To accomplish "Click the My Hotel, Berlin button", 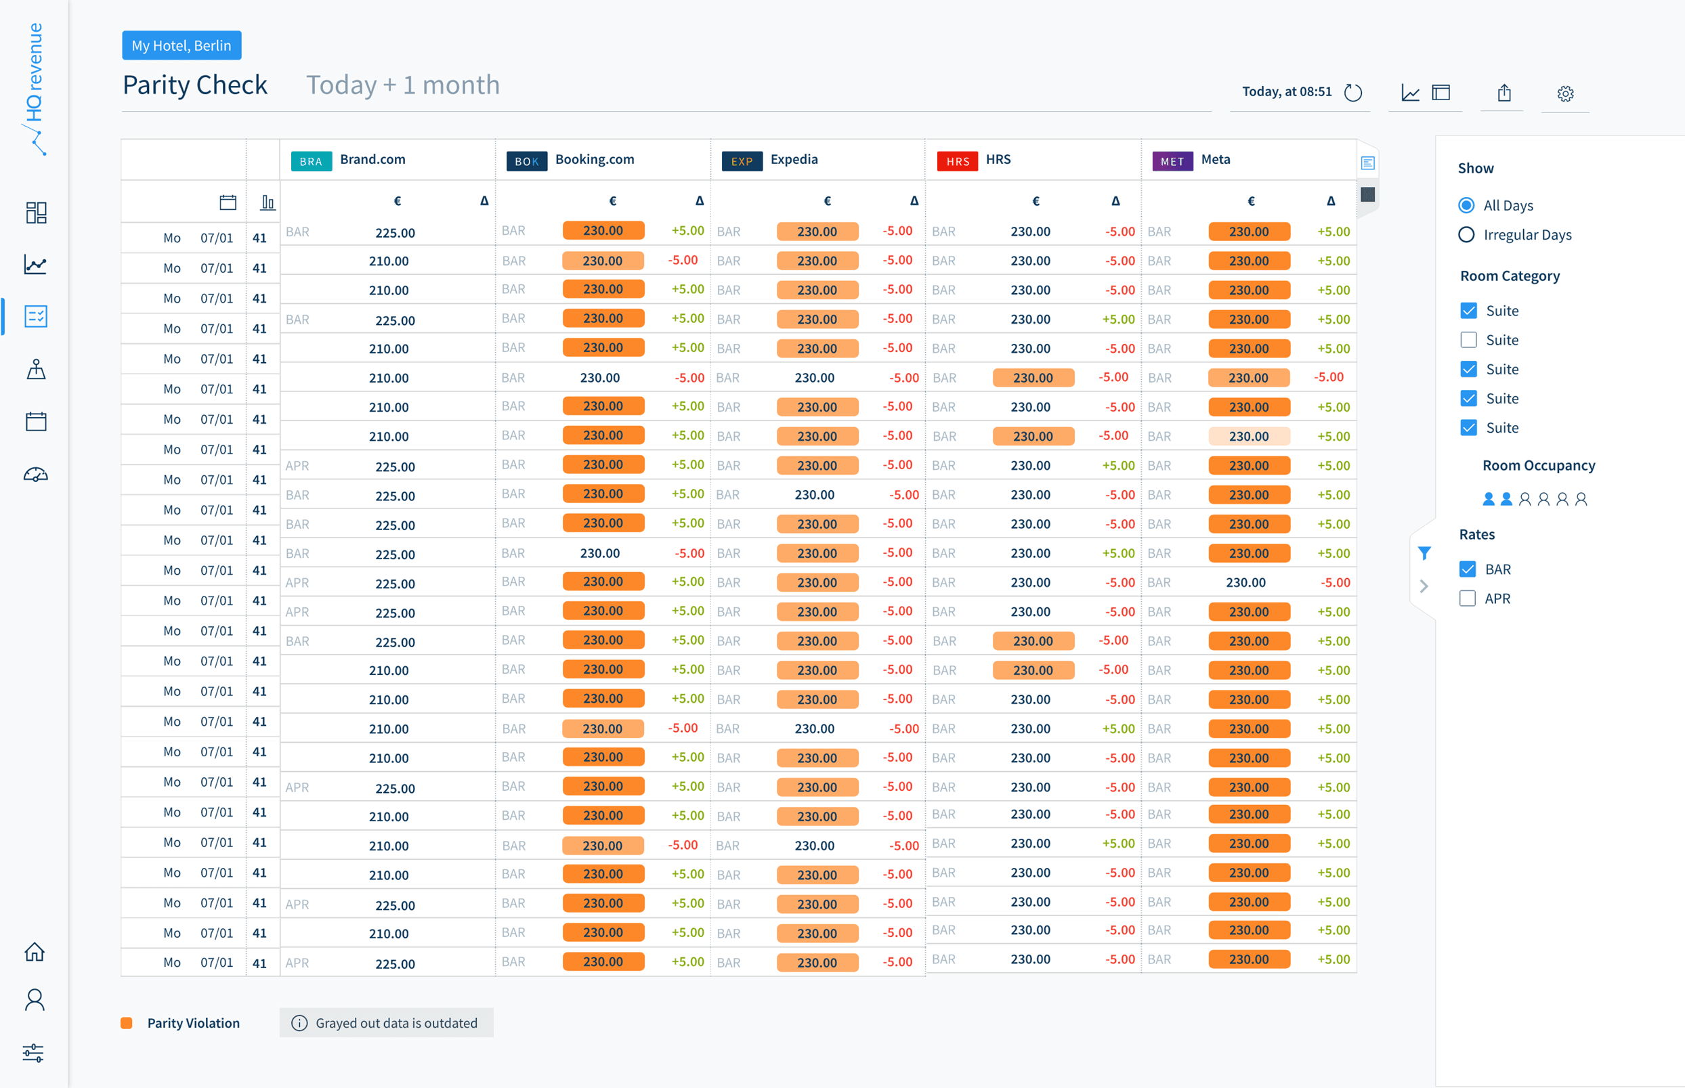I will coord(182,45).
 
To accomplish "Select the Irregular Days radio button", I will coord(1466,234).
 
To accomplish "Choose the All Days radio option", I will coord(1466,205).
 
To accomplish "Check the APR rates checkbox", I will coord(1468,599).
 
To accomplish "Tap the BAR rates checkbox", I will coord(1468,569).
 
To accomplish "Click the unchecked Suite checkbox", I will coord(1468,340).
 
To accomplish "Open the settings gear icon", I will coord(1565,93).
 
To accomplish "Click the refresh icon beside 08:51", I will coord(1352,93).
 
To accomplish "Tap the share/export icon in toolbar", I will coord(1504,93).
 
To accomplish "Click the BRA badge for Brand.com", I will coord(311,161).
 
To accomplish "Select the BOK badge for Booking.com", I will coord(526,161).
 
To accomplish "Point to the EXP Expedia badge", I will coord(741,161).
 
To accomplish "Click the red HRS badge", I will coord(958,161).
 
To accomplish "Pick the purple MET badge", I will coord(1172,161).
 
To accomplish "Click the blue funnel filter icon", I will coord(1424,553).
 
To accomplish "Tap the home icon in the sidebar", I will coord(35,952).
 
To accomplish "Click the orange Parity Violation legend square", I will coord(127,1023).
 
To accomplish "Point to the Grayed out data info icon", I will coord(299,1023).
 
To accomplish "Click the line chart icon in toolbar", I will coord(1410,93).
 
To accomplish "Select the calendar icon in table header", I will coord(228,202).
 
